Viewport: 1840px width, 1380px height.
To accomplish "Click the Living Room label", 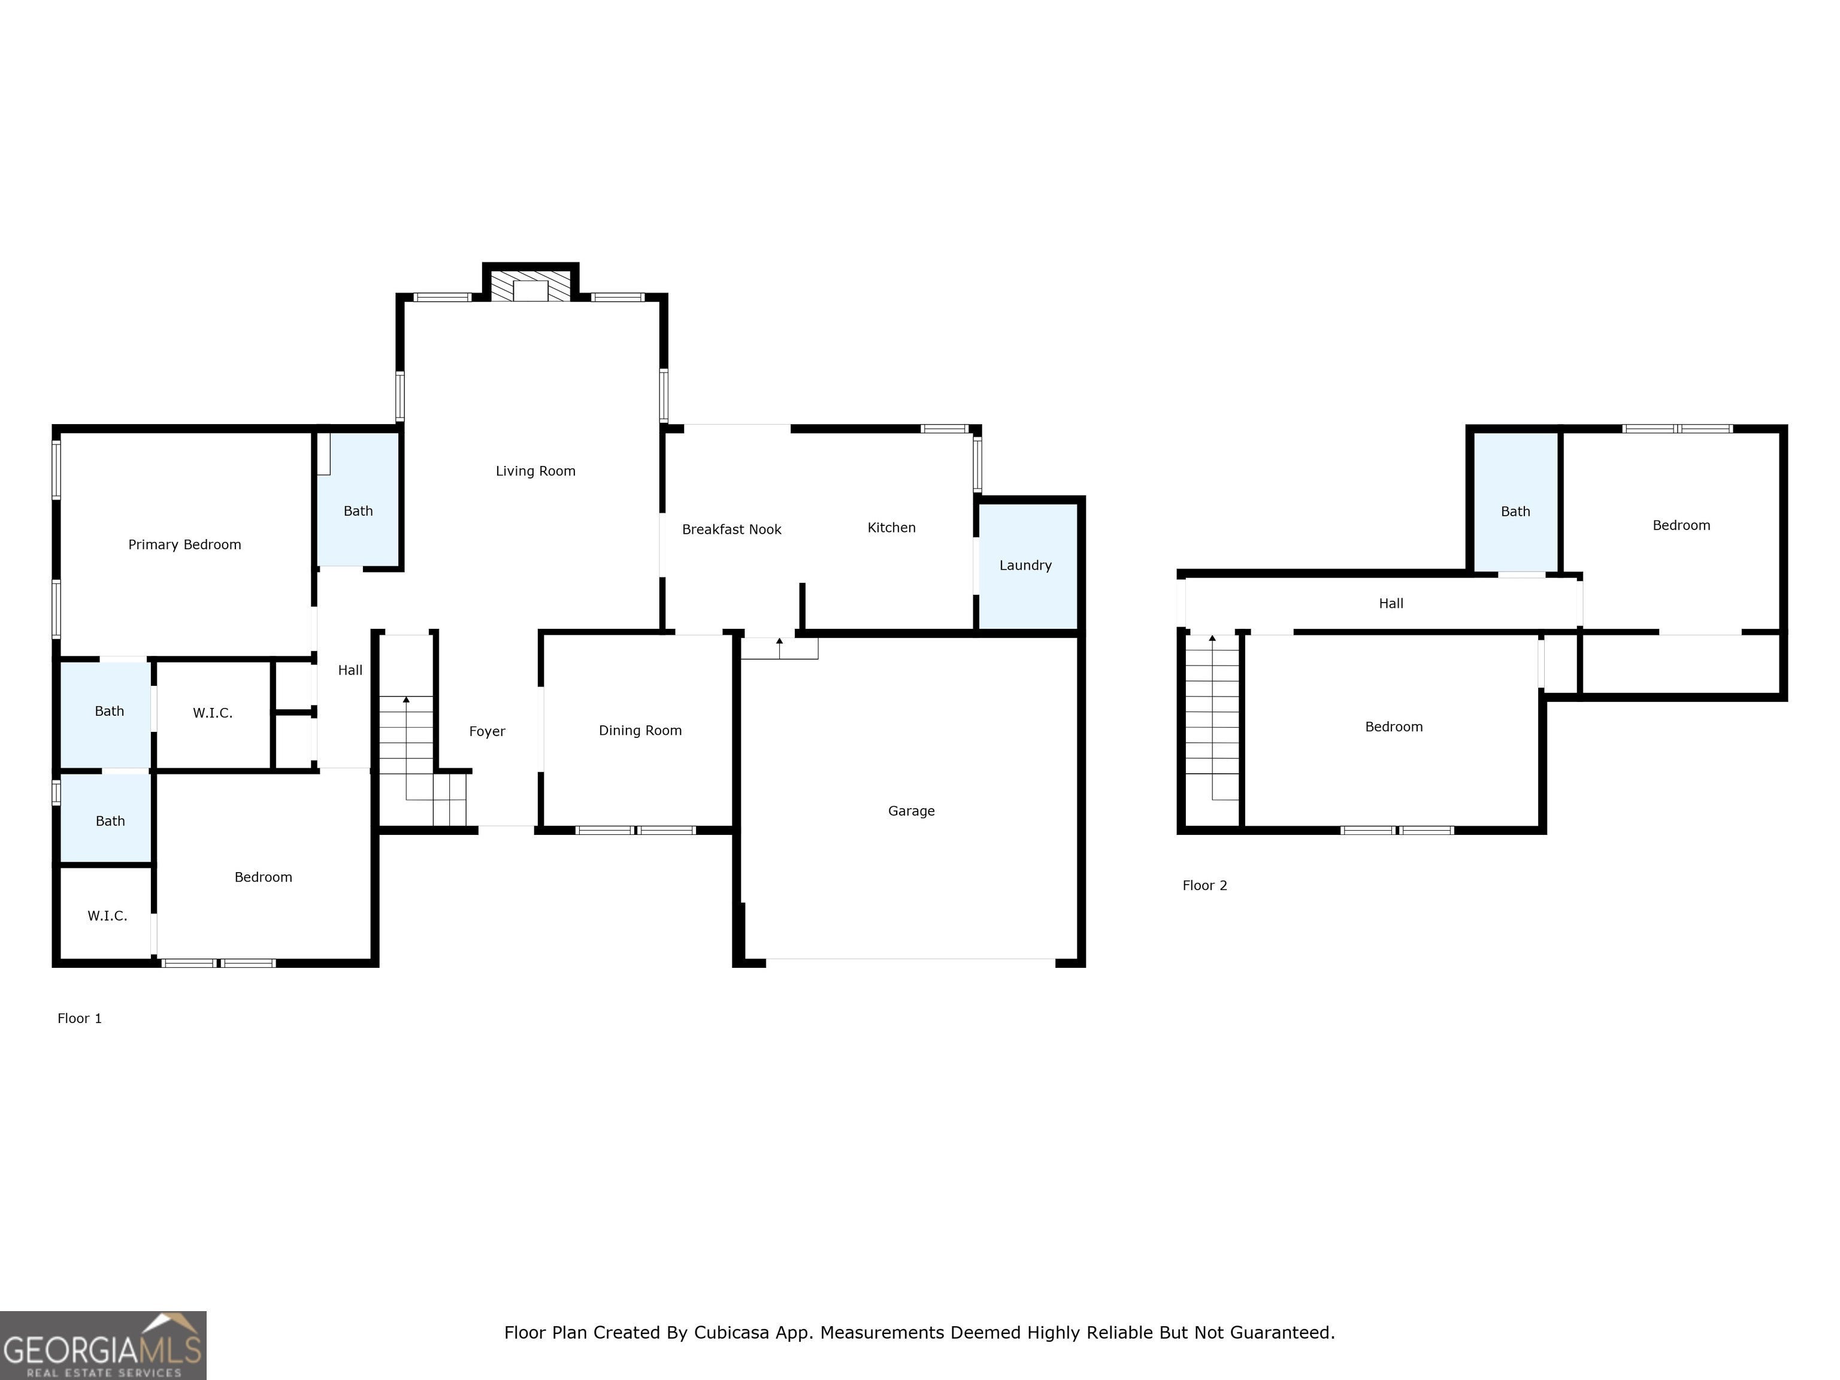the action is tap(535, 471).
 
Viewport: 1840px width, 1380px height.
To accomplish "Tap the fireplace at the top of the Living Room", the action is tap(531, 285).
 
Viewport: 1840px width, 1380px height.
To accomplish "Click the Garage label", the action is tap(912, 811).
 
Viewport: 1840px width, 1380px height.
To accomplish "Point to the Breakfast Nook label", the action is tap(732, 530).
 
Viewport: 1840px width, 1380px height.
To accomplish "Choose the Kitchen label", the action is tap(892, 527).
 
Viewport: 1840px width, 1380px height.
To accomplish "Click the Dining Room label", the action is tap(640, 730).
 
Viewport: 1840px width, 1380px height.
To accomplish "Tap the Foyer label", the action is tap(488, 732).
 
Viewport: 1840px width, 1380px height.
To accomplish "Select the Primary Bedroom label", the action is tap(184, 545).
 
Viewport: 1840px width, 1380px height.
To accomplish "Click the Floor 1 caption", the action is tap(80, 1018).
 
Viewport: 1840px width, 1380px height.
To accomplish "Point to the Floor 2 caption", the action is tap(1205, 885).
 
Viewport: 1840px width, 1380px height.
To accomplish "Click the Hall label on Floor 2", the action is tap(1391, 604).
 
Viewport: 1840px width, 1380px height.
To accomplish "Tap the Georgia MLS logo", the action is tap(103, 1345).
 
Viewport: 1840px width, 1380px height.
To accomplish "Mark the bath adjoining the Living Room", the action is tap(359, 500).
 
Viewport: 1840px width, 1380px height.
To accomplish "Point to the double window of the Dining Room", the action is tap(636, 830).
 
